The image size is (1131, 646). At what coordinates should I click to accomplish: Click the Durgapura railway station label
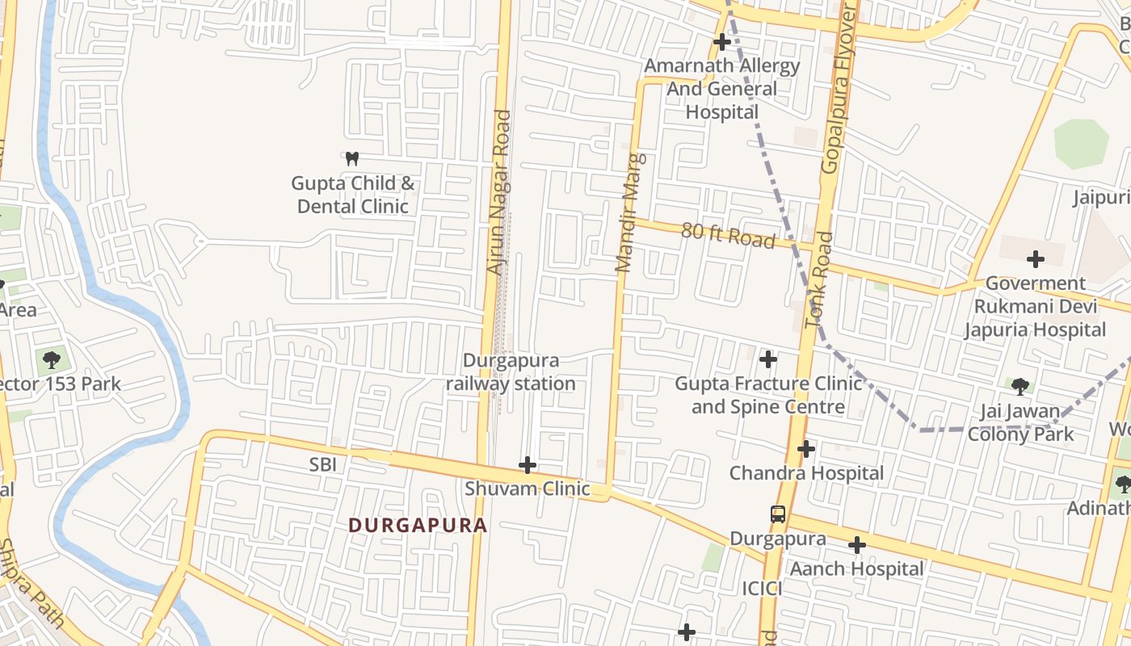(511, 371)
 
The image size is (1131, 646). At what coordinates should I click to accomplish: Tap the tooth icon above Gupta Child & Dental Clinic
(351, 158)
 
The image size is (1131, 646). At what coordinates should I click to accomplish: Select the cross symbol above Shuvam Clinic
(528, 464)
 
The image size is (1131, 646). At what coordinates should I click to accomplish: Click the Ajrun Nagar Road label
(498, 192)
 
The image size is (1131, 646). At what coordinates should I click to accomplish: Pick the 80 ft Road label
(728, 235)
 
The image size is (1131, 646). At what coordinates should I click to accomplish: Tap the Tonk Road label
(818, 279)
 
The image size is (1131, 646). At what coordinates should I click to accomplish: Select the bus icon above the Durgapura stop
(777, 514)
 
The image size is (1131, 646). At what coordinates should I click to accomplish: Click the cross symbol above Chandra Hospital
(806, 449)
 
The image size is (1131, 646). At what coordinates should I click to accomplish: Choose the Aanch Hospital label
(856, 568)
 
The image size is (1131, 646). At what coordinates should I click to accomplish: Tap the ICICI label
(762, 589)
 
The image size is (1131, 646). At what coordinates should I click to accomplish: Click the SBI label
(322, 464)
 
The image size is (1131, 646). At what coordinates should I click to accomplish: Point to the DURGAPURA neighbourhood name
(418, 525)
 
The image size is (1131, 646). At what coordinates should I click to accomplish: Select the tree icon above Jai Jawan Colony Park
(1020, 386)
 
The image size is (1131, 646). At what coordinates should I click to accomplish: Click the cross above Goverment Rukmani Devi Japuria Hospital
(1035, 259)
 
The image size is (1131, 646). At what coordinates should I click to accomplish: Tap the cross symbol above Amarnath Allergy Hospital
(721, 41)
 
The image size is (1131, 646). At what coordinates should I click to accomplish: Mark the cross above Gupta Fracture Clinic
(768, 359)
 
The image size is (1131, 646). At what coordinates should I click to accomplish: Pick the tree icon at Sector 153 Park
(52, 359)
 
